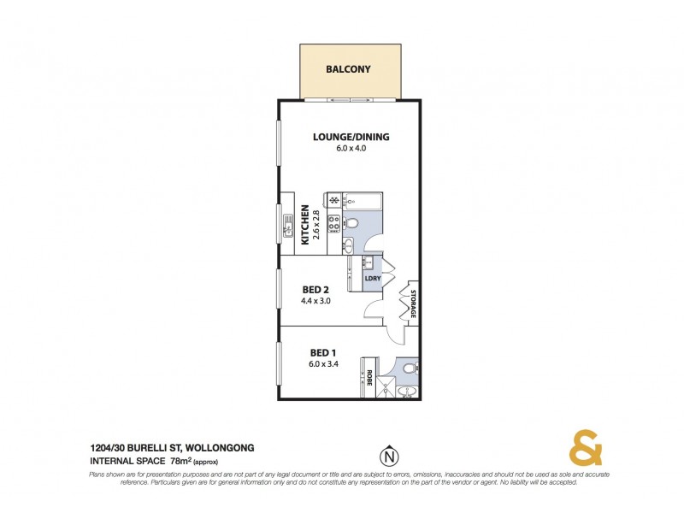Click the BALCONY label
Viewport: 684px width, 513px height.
coord(348,69)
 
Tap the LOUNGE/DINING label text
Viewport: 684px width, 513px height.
coord(351,137)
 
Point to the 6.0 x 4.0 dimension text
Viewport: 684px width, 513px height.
coord(351,148)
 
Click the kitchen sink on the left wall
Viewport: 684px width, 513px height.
coord(287,227)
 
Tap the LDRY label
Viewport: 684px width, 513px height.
coord(372,279)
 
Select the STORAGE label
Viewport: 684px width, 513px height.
coord(412,305)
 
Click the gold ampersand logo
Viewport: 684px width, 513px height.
coord(584,450)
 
